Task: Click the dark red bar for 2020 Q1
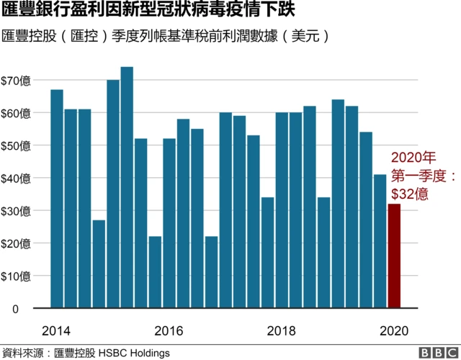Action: coord(394,256)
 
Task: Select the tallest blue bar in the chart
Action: coord(127,187)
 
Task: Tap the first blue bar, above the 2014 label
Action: coord(57,199)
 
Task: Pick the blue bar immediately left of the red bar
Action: coord(380,241)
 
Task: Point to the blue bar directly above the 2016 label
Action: coord(169,223)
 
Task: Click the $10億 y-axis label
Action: coord(16,276)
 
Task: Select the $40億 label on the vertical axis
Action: coord(16,178)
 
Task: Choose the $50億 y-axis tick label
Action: coord(16,145)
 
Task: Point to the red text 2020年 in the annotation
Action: coord(413,157)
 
